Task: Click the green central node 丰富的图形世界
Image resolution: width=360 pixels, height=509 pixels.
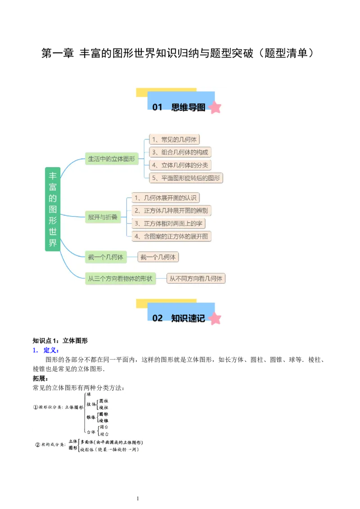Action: coord(53,209)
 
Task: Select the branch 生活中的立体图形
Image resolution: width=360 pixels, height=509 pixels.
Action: coord(111,159)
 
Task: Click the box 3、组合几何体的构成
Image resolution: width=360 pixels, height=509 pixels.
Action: coord(180,152)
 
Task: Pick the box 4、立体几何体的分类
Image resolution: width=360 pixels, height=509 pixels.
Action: coord(180,165)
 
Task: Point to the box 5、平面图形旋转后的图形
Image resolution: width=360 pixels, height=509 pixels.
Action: coord(186,178)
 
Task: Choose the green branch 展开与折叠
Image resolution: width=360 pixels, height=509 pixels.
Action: coord(103,217)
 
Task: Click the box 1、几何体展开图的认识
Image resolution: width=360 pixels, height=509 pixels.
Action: coord(165,197)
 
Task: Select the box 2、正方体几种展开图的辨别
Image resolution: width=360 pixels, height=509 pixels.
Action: coord(171,210)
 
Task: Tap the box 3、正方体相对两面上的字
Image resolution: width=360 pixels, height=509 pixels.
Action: coord(168,223)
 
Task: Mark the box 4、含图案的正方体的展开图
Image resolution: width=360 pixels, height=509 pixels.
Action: coord(171,236)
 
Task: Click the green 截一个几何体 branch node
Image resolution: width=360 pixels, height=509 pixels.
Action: coord(105,257)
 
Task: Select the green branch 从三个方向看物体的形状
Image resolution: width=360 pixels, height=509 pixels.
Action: coord(120,278)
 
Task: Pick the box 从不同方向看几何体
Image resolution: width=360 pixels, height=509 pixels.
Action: coord(196,278)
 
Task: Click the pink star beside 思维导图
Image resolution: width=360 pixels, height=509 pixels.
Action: coord(216,107)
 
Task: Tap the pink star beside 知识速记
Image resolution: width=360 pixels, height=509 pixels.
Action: coord(216,318)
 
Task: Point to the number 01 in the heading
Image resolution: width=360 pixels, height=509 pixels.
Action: coord(157,107)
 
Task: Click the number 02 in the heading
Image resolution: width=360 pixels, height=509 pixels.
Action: coord(157,318)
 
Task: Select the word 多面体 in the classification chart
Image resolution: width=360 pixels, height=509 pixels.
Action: coord(88,442)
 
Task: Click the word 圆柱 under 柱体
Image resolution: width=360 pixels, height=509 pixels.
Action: coord(104,401)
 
